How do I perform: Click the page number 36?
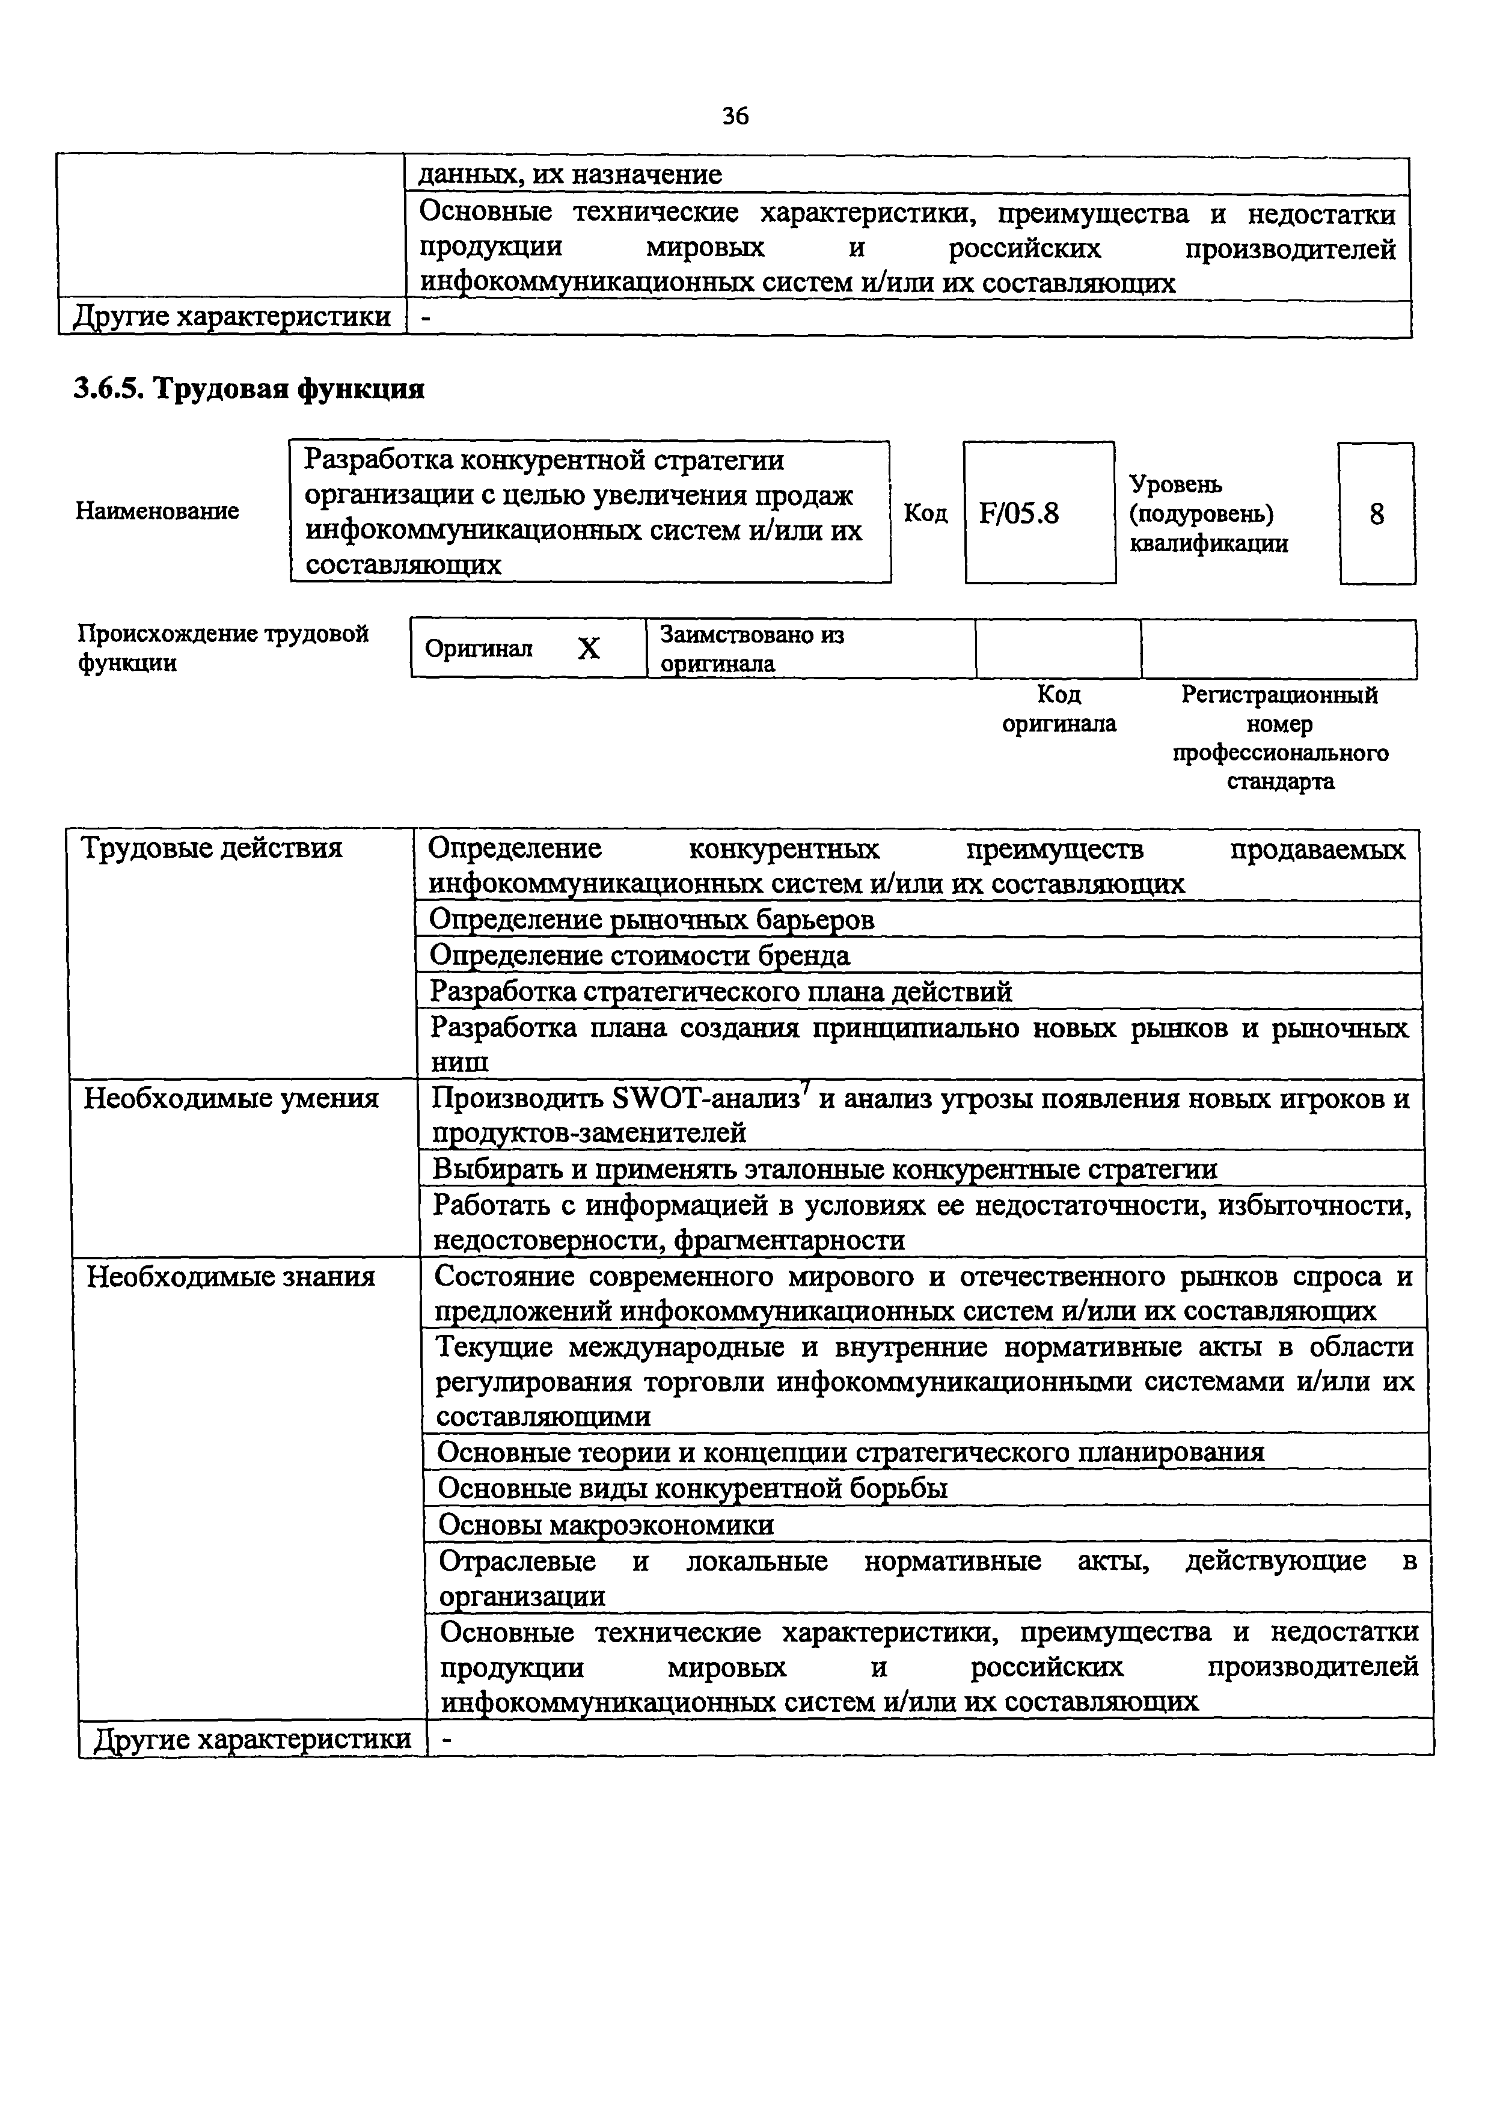735,115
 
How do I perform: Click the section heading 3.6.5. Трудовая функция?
249,390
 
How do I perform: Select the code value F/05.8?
1019,513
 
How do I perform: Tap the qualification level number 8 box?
1376,514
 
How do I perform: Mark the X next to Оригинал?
589,649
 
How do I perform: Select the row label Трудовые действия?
212,848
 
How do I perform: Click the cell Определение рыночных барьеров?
652,920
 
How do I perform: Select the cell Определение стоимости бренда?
640,956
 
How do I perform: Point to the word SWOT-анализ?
705,1099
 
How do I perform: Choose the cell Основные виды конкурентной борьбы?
692,1488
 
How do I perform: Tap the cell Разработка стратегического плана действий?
721,992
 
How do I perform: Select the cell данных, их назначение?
570,174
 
